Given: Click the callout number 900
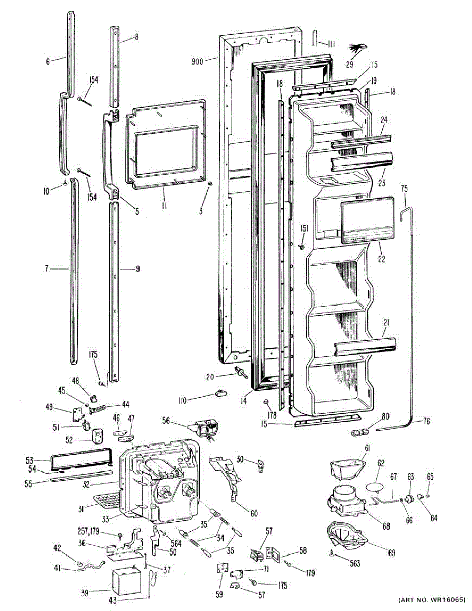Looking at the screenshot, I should tap(197, 62).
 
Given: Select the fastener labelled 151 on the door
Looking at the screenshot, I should tap(301, 247).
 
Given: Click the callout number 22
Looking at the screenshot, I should tap(381, 259).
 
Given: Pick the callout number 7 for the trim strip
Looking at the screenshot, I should tap(46, 268).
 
